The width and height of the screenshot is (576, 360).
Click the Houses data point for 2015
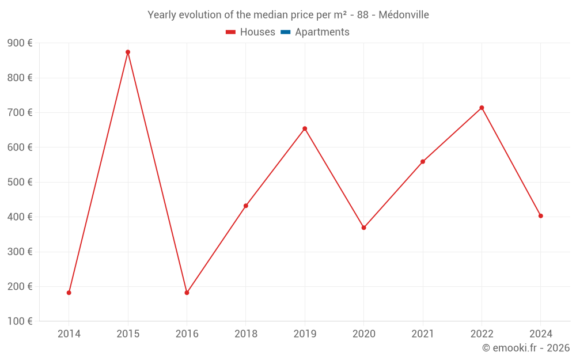point(128,52)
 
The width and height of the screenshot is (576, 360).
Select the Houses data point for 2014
point(69,293)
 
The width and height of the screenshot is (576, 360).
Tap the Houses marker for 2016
point(187,293)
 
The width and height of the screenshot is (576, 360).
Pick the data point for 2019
point(305,128)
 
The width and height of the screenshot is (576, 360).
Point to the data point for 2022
point(482,108)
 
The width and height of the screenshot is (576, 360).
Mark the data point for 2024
point(540,216)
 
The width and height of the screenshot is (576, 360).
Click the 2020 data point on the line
point(363,228)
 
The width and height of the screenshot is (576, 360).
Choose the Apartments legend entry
point(315,32)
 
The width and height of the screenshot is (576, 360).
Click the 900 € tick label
point(20,43)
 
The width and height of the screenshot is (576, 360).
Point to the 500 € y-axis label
point(20,182)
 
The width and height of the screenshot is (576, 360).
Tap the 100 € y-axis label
point(20,321)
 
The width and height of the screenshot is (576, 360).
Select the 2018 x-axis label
point(246,334)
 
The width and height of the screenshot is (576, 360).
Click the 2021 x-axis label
point(423,334)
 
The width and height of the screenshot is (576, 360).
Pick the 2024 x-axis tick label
point(540,334)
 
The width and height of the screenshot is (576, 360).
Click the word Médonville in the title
point(403,15)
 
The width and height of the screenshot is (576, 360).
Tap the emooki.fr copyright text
point(526,348)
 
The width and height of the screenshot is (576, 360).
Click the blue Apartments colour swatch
point(285,32)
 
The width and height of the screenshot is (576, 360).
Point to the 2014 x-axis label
point(69,334)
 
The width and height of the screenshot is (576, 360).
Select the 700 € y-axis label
point(20,112)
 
